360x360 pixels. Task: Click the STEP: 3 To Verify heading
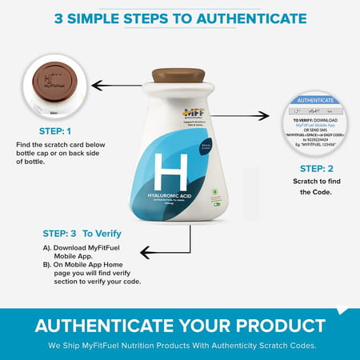click(x=82, y=234)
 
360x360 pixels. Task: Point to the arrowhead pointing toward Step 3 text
click(x=145, y=253)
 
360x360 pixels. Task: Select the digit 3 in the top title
click(x=59, y=18)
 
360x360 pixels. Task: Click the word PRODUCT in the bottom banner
click(x=270, y=326)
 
